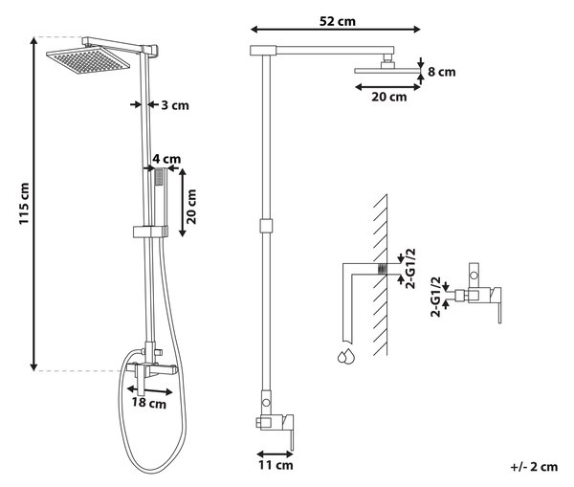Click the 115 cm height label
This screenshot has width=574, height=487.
tap(24, 204)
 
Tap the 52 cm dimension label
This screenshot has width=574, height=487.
tap(337, 21)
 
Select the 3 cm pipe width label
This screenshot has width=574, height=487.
tap(175, 105)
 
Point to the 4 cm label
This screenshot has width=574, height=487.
tap(166, 159)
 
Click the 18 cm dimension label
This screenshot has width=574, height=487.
tap(148, 403)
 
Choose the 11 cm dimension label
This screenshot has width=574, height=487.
tap(276, 465)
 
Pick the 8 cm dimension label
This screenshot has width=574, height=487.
tap(441, 72)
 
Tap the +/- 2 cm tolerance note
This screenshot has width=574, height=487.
tap(534, 467)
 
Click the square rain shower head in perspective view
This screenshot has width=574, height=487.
tap(88, 60)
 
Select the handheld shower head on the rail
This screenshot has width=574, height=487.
tap(160, 198)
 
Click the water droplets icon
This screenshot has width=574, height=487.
tap(346, 356)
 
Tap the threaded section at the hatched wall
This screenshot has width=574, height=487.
tap(382, 269)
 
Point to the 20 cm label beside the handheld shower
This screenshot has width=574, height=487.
tap(191, 207)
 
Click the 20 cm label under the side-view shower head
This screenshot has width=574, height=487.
tap(388, 97)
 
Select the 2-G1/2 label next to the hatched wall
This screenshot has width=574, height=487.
tap(411, 269)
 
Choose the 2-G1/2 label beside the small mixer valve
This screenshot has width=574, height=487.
tap(435, 297)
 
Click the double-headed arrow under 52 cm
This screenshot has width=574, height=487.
tap(336, 30)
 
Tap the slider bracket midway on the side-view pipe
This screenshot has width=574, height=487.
tap(266, 226)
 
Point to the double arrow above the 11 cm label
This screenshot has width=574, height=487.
tap(275, 454)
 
